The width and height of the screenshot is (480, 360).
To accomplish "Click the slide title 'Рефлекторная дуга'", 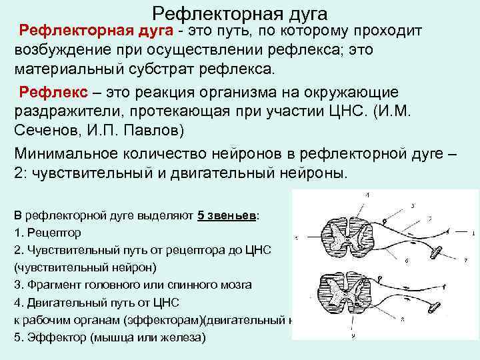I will pyautogui.click(x=239, y=13).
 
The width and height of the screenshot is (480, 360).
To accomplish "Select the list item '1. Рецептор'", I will pyautogui.click(x=47, y=233).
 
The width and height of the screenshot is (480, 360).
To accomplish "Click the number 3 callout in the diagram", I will pyautogui.click(x=413, y=205).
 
